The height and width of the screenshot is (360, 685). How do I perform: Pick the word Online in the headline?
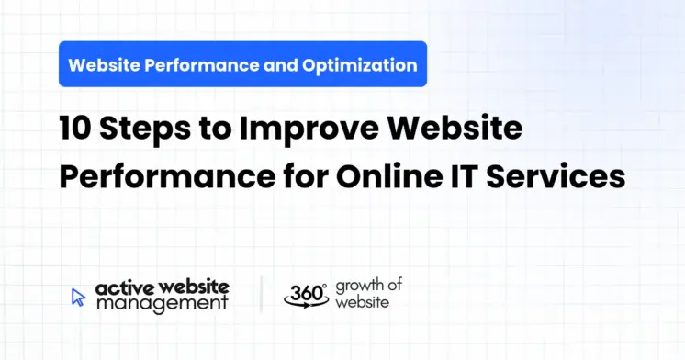(365, 174)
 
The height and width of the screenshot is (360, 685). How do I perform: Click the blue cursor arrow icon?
(78, 296)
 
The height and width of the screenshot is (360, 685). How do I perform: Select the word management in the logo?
(159, 303)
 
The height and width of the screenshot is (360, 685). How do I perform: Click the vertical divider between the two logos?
(261, 294)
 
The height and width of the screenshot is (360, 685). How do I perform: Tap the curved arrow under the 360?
(305, 304)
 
